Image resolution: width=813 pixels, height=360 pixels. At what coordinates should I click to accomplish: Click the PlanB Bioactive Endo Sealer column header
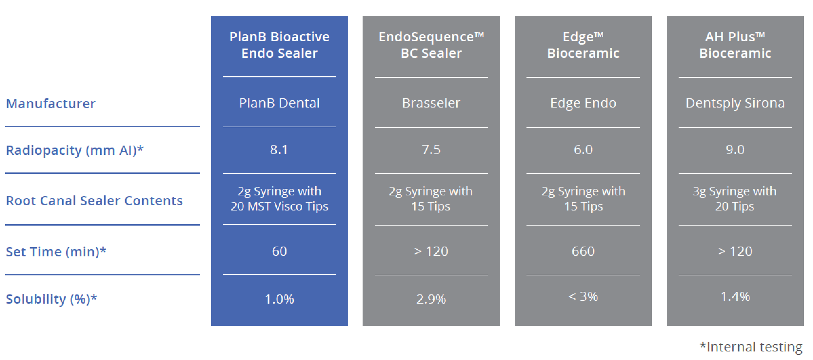[x=279, y=45]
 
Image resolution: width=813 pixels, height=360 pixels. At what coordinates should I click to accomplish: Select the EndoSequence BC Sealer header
[x=431, y=45]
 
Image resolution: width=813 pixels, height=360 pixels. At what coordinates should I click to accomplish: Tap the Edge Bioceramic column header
[x=583, y=45]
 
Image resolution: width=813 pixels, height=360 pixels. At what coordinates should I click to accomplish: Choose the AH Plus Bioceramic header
[x=735, y=45]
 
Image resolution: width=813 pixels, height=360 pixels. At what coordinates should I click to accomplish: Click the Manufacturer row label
[x=51, y=104]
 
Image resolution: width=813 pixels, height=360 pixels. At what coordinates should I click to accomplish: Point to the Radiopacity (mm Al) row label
[x=75, y=150]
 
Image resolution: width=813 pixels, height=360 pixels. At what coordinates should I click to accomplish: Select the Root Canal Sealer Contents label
[x=94, y=201]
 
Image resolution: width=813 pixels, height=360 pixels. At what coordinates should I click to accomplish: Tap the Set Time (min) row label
[x=56, y=252]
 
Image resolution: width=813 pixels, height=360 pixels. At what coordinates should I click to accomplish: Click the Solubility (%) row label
[x=51, y=299]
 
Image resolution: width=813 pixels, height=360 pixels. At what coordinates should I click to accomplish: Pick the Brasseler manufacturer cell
[x=431, y=103]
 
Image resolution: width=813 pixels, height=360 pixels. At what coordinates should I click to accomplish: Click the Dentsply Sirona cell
[x=735, y=103]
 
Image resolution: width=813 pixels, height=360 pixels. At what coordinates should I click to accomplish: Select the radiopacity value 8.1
[x=279, y=150]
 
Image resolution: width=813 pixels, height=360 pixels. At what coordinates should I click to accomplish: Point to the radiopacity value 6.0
[x=583, y=150]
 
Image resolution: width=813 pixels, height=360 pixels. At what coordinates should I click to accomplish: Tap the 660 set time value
[x=583, y=251]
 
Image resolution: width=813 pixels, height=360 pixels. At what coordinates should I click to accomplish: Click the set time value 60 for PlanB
[x=279, y=251]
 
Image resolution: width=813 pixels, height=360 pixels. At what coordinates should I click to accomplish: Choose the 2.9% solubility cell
[x=431, y=299]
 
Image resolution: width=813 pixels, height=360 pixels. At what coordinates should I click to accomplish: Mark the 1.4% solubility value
[x=735, y=296]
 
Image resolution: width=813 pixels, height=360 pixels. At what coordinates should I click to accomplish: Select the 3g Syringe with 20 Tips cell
[x=735, y=199]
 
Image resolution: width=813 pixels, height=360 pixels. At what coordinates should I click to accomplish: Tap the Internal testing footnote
[x=751, y=347]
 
